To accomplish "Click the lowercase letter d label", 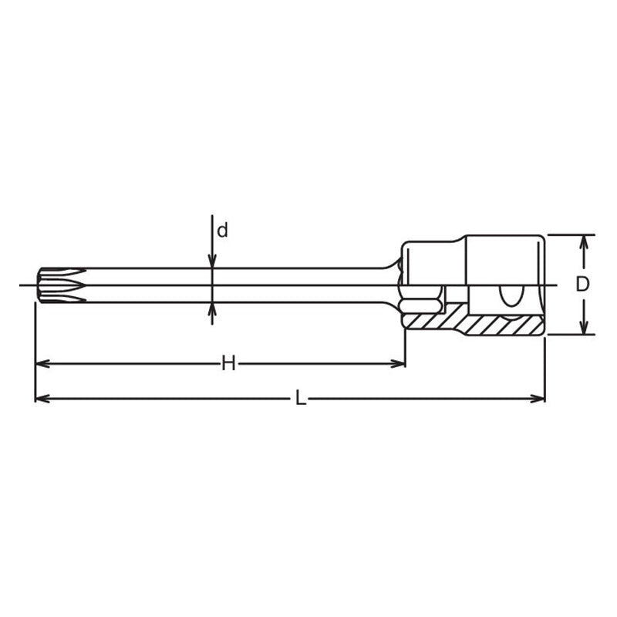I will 222,230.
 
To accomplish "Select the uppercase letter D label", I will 582,284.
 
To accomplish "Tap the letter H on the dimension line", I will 228,363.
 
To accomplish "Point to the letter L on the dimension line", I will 301,399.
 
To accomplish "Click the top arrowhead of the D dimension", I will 584,241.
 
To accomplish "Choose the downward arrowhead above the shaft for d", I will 212,262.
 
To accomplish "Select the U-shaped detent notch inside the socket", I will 510,295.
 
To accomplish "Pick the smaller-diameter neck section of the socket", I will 432,262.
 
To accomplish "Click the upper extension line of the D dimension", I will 571,234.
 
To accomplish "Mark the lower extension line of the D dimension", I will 571,335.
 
